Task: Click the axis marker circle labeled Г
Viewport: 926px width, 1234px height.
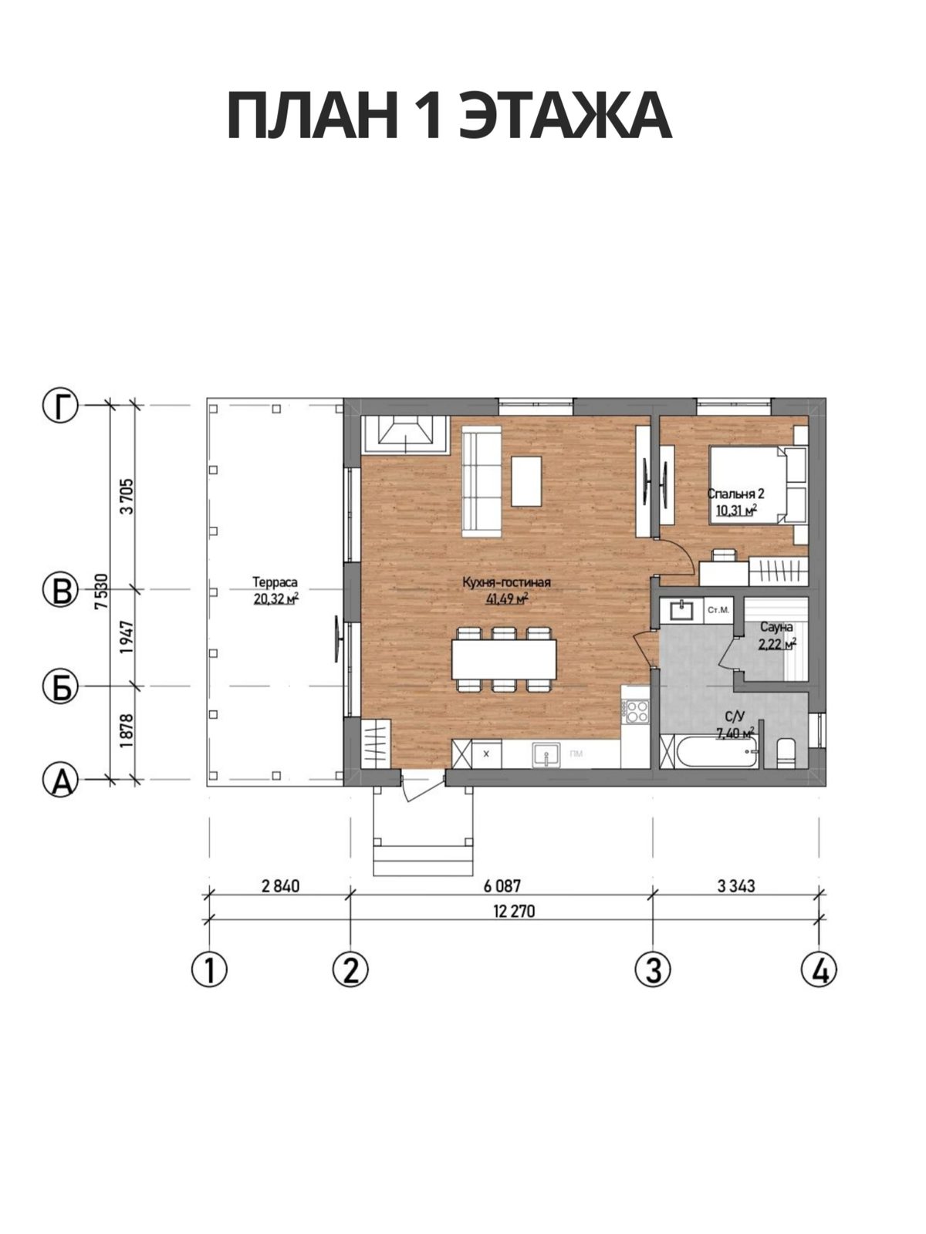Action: (60, 405)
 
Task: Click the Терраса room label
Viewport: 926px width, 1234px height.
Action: (275, 582)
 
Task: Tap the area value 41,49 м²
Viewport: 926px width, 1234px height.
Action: (507, 599)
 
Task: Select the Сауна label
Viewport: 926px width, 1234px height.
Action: (776, 626)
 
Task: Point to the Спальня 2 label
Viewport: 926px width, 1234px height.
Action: (736, 494)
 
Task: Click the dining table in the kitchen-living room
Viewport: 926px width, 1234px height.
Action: (504, 659)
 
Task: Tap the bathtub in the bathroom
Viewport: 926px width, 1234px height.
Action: (716, 751)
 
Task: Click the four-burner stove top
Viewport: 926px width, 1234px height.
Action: (637, 710)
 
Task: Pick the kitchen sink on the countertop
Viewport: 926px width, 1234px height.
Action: (546, 754)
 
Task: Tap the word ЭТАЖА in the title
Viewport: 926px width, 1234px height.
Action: (565, 116)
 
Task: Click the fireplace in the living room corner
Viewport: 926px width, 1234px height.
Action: (405, 434)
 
